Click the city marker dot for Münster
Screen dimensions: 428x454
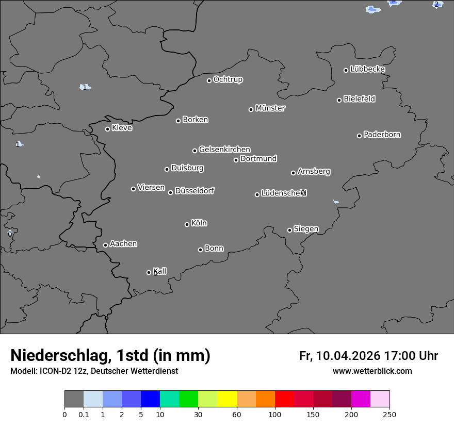[x=251, y=109]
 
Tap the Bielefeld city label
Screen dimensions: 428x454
[x=359, y=98]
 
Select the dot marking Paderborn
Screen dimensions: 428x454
[x=359, y=136]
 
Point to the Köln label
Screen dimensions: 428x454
[x=199, y=223]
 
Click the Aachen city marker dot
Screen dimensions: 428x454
[x=105, y=245]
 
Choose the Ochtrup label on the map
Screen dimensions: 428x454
[x=228, y=79]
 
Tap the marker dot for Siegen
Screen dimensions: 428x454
[x=289, y=230]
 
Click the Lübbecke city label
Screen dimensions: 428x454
[x=367, y=69]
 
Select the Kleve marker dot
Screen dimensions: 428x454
[x=107, y=129]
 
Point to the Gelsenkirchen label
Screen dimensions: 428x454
[x=224, y=150]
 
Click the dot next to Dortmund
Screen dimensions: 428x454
[x=236, y=160]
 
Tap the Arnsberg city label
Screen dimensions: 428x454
[x=314, y=172]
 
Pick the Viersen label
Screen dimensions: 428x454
[x=151, y=188]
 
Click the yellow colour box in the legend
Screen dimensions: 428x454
[x=227, y=399]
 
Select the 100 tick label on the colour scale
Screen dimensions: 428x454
[x=275, y=414]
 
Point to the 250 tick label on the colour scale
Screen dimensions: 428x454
[x=390, y=414]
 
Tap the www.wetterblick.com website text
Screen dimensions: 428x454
[x=372, y=371]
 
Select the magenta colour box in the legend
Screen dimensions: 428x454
[x=361, y=399]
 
